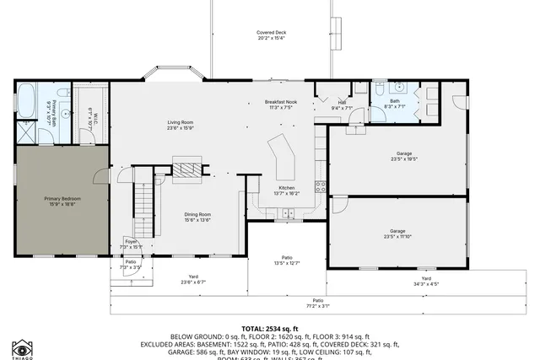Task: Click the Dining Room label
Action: [x=197, y=214]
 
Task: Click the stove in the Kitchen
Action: [x=320, y=186]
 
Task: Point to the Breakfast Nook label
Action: [x=279, y=102]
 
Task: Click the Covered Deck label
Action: [x=271, y=33]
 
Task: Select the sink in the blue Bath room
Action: [x=400, y=88]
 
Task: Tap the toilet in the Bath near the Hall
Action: [x=380, y=87]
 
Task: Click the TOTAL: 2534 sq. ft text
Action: [x=270, y=328]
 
